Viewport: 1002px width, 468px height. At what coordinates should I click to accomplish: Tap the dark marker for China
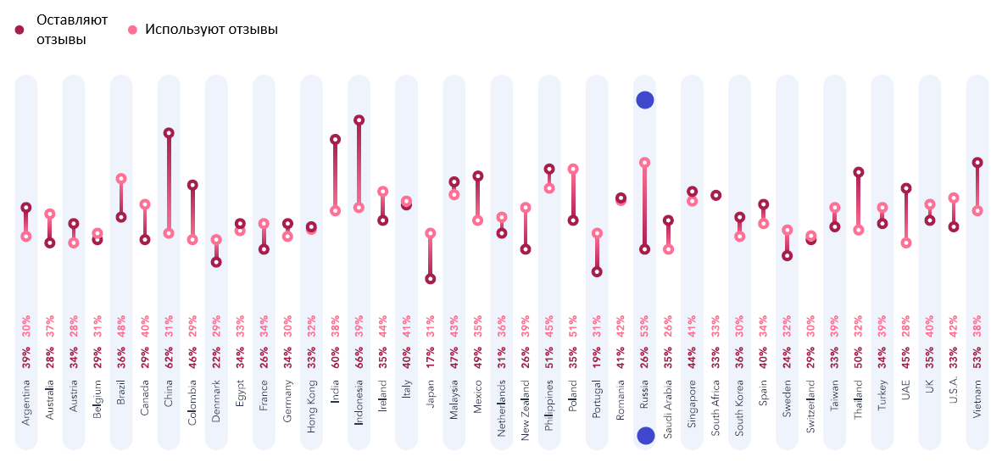point(169,133)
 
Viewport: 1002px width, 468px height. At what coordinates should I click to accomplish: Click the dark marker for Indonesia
point(359,120)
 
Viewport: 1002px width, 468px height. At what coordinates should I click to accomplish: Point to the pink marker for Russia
point(644,162)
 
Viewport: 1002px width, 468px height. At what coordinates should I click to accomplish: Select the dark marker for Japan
point(431,278)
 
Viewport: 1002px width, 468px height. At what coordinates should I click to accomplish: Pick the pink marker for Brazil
point(121,178)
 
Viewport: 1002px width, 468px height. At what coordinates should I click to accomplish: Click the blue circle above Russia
point(644,100)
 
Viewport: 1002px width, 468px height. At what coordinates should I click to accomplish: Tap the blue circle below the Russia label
point(645,436)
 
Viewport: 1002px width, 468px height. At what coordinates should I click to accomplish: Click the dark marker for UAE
point(906,188)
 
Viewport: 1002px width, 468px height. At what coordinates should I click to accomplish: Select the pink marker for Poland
point(573,169)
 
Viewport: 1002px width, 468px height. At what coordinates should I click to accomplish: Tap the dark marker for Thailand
point(859,172)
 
